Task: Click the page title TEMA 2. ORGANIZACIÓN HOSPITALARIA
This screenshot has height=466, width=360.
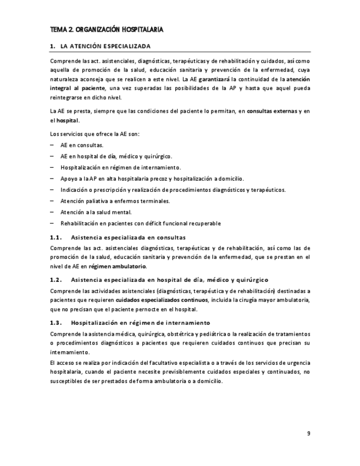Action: (x=106, y=29)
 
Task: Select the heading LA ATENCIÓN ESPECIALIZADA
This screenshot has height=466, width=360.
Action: (x=104, y=46)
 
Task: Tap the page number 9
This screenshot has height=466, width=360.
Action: (x=308, y=433)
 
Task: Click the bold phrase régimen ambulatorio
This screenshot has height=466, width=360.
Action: (x=118, y=267)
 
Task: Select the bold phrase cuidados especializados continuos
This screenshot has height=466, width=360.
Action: (x=162, y=300)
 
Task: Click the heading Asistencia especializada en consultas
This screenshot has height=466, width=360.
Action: (x=128, y=237)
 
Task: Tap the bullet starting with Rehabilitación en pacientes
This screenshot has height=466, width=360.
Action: (x=140, y=224)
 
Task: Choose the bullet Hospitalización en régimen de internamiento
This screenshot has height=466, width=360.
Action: (x=120, y=168)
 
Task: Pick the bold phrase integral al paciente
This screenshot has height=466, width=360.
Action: (x=77, y=88)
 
